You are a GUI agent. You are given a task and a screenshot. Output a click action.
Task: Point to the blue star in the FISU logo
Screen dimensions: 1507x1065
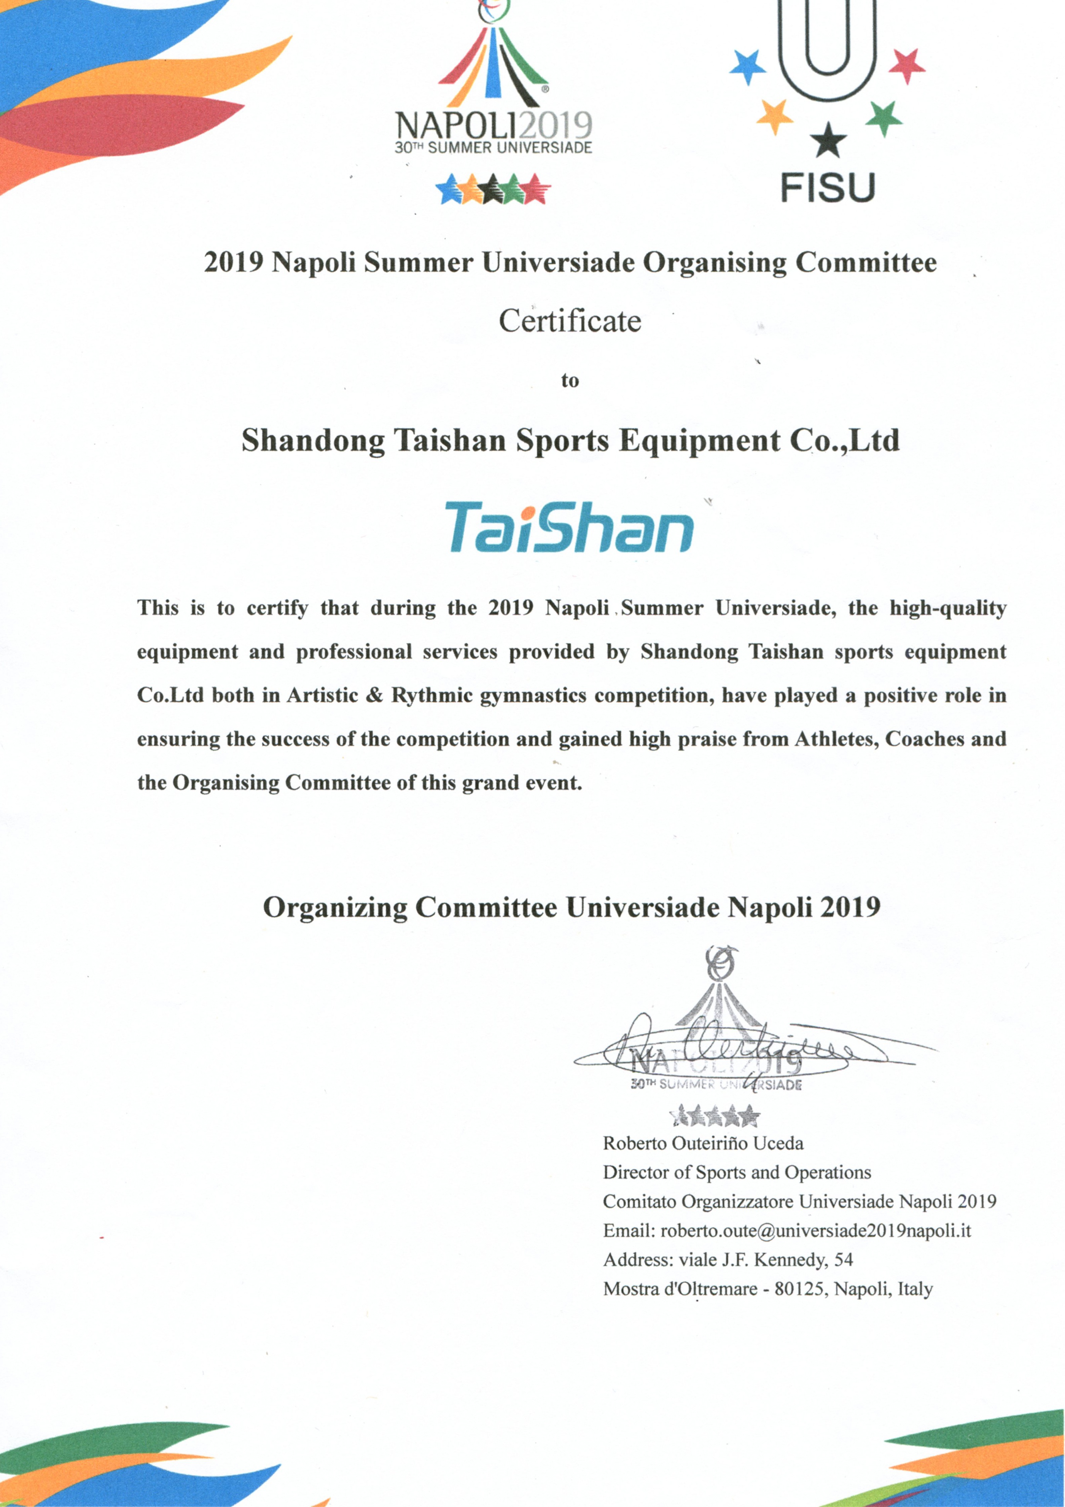pos(748,66)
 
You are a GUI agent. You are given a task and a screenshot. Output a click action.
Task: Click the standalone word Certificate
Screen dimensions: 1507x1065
pos(570,321)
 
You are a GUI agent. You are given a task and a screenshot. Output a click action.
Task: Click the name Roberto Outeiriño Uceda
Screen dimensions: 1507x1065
pos(703,1143)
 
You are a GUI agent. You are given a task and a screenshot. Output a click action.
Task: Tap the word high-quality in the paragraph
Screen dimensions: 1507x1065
pos(948,608)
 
